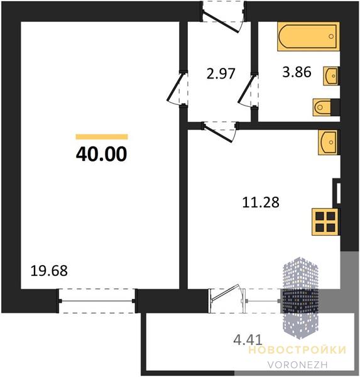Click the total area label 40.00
coord(101,154)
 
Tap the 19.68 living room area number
coord(49,270)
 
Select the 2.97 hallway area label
coord(221,74)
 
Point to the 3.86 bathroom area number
coord(297,72)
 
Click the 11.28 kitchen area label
coord(261,202)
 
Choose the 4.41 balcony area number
coord(248,340)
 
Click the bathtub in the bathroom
coord(308,36)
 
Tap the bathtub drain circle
coord(331,36)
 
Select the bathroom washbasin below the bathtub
coord(331,76)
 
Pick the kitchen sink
coord(329,143)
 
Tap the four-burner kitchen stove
coord(325,222)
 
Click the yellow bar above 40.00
coord(102,137)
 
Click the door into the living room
coord(177,88)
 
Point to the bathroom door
coord(248,90)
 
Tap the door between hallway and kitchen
coord(219,132)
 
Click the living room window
coord(97,301)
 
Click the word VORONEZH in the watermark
coord(297,364)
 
